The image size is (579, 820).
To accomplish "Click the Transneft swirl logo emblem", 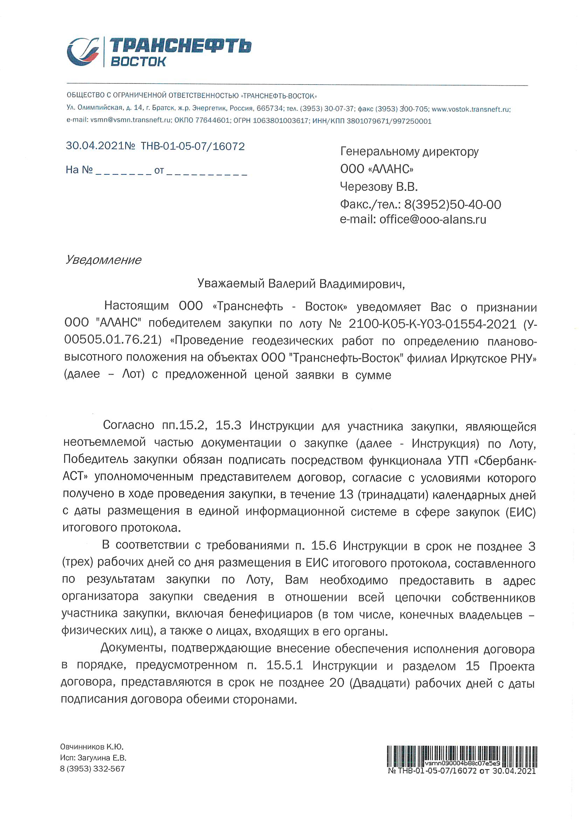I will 83,52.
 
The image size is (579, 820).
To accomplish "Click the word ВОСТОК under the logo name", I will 138,62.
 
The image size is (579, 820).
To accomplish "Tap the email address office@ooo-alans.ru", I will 432,219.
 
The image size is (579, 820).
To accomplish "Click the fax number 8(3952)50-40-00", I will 452,204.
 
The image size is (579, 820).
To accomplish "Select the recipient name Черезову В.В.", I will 379,187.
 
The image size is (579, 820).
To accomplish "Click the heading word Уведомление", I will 103,260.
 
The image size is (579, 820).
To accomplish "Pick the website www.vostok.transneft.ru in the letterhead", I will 471,109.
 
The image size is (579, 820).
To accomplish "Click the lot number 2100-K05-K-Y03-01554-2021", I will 432,324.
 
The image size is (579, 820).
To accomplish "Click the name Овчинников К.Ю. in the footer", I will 92,747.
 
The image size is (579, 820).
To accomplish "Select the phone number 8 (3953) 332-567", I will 92,768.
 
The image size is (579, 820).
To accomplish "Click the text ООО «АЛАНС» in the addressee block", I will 377,169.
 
